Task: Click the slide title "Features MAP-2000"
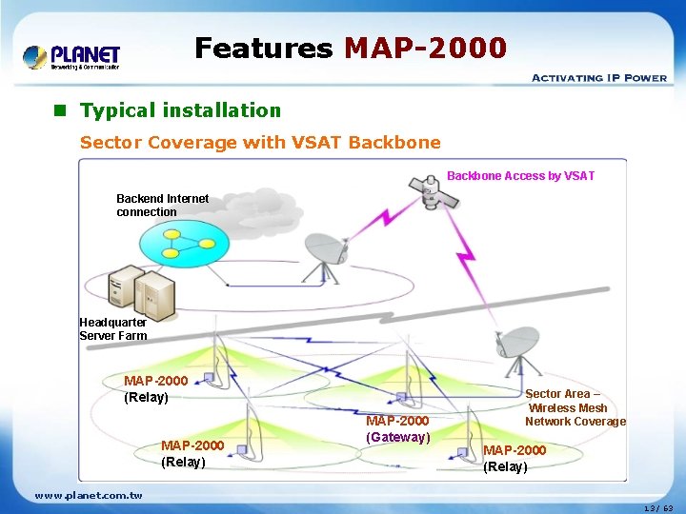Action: (351, 48)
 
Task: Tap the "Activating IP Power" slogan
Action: (598, 78)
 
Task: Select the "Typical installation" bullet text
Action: (180, 110)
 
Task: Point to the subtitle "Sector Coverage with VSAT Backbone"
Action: (260, 143)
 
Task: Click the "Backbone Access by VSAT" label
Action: (520, 176)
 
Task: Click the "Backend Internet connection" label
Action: (162, 206)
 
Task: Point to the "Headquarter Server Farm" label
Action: (112, 329)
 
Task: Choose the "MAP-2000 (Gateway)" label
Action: (397, 429)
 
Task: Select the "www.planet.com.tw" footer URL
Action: (89, 495)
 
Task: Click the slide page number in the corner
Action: (656, 508)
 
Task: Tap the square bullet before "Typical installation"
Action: (59, 110)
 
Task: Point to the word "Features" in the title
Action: (263, 48)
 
